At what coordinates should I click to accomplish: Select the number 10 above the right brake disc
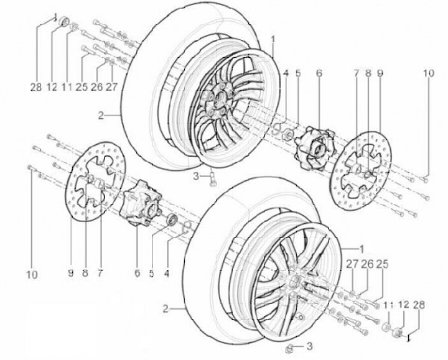pyautogui.click(x=427, y=73)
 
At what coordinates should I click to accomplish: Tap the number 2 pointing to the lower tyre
pyautogui.click(x=166, y=308)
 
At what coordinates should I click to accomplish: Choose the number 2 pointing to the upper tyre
pyautogui.click(x=101, y=116)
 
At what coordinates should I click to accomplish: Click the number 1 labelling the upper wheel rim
pyautogui.click(x=272, y=39)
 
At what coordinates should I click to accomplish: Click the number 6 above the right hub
pyautogui.click(x=319, y=73)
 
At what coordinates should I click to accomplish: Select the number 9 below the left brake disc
pyautogui.click(x=71, y=274)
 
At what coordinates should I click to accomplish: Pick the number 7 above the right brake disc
pyautogui.click(x=357, y=73)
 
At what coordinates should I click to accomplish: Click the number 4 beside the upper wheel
pyautogui.click(x=286, y=73)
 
